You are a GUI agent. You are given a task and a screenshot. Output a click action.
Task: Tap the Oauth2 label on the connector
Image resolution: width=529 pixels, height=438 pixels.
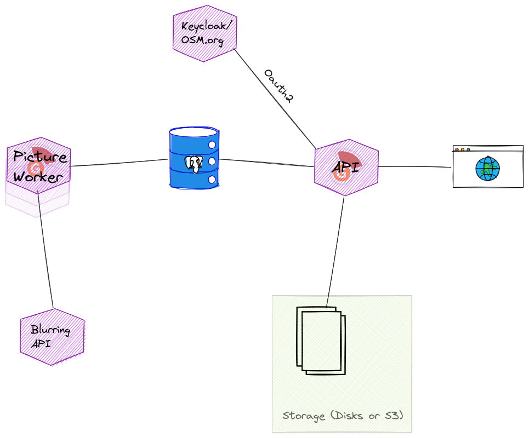click(278, 86)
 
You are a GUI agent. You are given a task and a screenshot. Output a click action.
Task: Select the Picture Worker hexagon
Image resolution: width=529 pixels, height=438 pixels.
click(39, 164)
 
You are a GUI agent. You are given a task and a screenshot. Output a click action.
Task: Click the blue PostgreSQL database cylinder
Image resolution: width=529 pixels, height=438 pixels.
click(194, 158)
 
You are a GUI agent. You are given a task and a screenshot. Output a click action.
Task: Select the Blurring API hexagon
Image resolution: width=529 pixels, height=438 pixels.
click(52, 337)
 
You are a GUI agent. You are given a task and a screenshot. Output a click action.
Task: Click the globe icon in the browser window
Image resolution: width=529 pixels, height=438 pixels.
click(487, 169)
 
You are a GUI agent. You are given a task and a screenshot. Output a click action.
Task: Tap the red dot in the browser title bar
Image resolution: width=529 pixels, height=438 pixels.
click(457, 149)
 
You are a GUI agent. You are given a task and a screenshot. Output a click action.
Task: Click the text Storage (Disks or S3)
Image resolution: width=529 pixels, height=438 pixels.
click(343, 416)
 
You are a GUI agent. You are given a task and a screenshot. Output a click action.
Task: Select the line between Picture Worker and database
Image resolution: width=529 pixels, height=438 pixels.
click(118, 163)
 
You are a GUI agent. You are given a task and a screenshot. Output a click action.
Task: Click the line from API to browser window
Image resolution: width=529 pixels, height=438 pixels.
click(415, 166)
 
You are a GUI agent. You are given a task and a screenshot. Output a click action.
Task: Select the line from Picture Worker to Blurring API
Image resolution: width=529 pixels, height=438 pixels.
click(45, 252)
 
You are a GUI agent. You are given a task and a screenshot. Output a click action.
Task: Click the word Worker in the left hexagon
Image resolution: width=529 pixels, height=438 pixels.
click(33, 177)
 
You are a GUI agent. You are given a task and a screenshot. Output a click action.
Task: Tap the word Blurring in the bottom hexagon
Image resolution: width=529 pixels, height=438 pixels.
click(50, 330)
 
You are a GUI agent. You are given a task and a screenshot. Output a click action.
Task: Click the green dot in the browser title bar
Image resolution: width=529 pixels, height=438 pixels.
click(468, 149)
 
